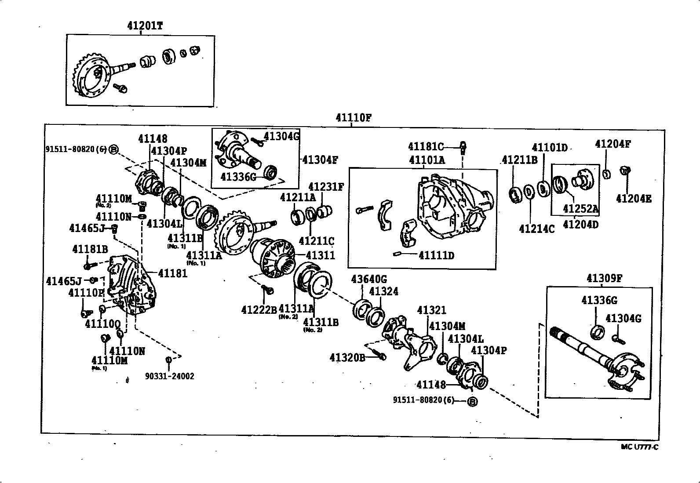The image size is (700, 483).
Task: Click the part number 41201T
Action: (145, 26)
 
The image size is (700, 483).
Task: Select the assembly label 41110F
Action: (354, 118)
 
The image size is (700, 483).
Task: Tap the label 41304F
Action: (320, 160)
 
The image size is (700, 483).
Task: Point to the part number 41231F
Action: (326, 187)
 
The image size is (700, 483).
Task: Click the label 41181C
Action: (426, 146)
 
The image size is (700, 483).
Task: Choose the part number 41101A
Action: (427, 160)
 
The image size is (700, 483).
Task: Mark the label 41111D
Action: (436, 255)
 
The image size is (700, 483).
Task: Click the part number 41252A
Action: (580, 209)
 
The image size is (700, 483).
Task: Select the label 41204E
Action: (633, 199)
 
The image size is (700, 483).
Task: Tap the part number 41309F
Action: (604, 278)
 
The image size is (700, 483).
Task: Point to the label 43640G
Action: (369, 279)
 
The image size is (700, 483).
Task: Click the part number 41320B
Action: (347, 357)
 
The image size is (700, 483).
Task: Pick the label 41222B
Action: (259, 310)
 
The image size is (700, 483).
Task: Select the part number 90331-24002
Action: (170, 376)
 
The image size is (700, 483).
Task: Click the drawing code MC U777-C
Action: (639, 447)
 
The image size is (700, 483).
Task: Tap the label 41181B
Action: (90, 249)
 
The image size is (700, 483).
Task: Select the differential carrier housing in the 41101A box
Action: (453, 207)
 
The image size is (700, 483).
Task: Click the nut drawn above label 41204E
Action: (624, 170)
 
